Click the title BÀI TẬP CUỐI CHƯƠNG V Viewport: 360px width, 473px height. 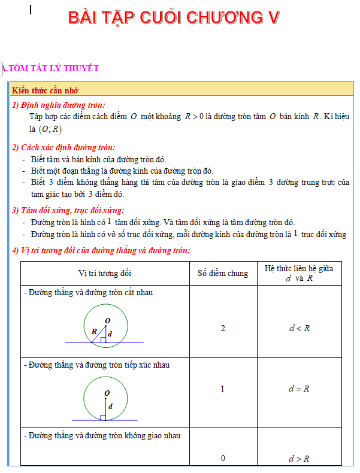click(x=174, y=18)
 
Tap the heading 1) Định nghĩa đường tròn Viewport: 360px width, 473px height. click(x=59, y=105)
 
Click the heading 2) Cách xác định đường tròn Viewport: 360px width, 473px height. click(x=63, y=147)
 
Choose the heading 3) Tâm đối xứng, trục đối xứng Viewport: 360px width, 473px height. click(x=68, y=210)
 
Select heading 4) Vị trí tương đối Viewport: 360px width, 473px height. click(x=101, y=250)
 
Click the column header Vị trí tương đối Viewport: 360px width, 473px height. click(x=105, y=274)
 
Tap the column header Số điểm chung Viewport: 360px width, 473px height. click(x=223, y=274)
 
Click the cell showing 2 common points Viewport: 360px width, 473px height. click(x=223, y=328)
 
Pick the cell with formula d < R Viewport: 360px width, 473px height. click(x=299, y=328)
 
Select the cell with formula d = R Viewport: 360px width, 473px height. click(x=299, y=389)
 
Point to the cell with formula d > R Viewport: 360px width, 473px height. click(x=299, y=459)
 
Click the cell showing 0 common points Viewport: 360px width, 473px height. click(x=223, y=459)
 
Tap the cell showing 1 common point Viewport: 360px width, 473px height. click(x=223, y=389)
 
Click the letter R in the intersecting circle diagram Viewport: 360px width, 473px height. click(x=94, y=331)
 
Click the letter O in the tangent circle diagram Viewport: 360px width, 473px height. click(x=107, y=393)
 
